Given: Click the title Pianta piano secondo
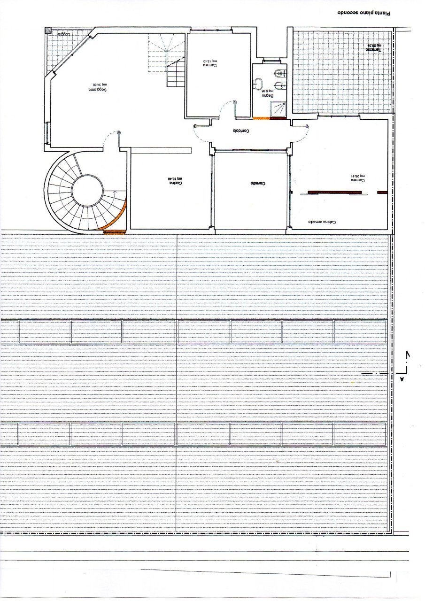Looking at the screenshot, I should point(364,14).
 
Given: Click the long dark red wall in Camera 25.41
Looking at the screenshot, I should point(334,192).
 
